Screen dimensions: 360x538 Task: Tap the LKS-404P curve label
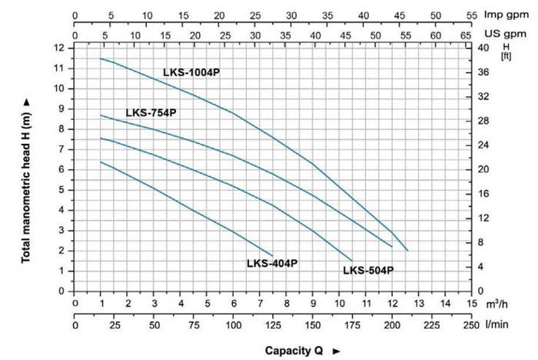click(x=272, y=263)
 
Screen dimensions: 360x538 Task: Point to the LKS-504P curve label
click(x=368, y=270)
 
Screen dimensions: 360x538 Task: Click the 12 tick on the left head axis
click(x=59, y=48)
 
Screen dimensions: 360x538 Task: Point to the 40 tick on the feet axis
click(x=484, y=48)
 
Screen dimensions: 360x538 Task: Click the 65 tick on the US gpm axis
click(x=466, y=35)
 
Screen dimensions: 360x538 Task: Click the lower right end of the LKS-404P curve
click(x=273, y=255)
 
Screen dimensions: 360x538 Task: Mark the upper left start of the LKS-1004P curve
click(x=101, y=58)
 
